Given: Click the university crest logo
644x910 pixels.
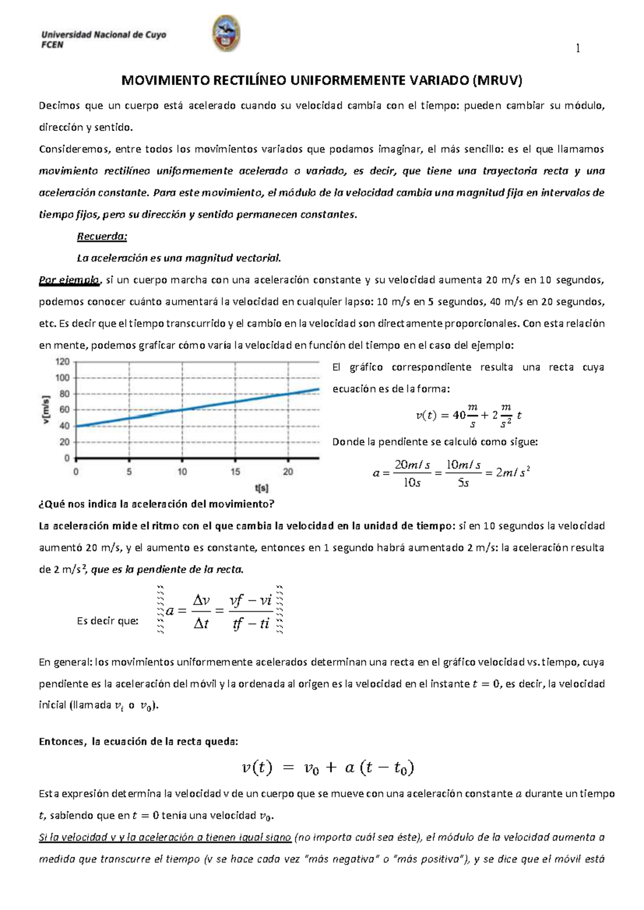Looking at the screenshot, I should click(226, 33).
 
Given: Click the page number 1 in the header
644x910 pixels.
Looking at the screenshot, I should click(577, 49).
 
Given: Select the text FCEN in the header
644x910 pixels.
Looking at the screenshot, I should click(52, 45).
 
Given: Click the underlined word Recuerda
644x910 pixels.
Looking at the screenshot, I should click(101, 237).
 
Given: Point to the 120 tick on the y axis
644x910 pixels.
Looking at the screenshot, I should click(63, 362).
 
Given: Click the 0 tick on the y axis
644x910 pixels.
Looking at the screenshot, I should click(67, 458).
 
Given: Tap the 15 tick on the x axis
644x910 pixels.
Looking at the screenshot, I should click(235, 472).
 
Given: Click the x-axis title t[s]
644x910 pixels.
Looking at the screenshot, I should click(261, 488).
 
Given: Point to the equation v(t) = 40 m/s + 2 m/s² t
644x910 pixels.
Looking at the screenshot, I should click(469, 415).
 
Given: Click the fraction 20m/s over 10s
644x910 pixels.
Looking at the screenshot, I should click(412, 473).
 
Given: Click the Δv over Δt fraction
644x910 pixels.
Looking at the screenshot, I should click(201, 612).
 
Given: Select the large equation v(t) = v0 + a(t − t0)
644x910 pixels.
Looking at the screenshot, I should click(327, 768).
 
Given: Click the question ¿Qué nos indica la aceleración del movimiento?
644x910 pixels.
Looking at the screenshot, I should click(157, 504).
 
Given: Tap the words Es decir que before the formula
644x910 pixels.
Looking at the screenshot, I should click(108, 621).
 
